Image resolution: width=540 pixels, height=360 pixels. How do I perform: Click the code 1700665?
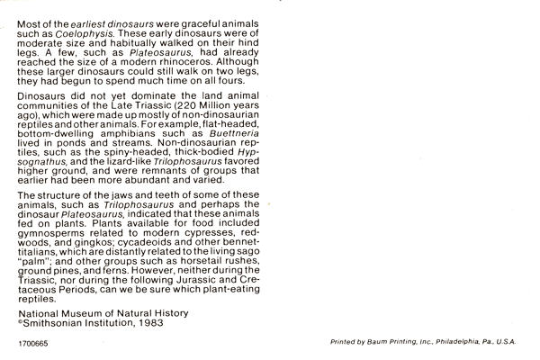point(31,344)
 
